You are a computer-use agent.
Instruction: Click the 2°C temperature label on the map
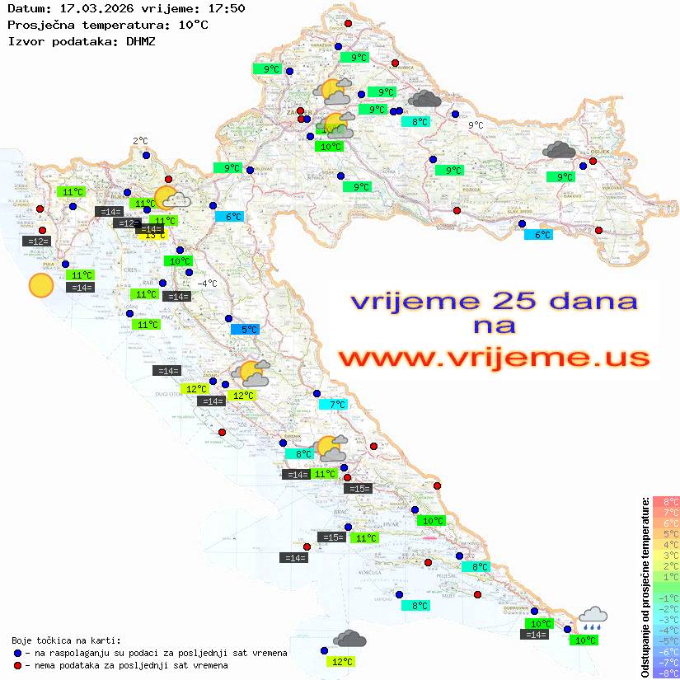140,141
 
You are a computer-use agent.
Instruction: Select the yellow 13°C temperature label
154,235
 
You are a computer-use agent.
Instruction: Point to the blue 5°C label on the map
246,330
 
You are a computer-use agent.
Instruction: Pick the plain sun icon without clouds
40,285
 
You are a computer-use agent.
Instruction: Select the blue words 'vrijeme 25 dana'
494,301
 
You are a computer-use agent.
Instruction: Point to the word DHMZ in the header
140,40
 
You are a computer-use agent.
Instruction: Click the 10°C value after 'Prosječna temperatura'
193,25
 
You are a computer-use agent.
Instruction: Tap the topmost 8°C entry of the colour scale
666,502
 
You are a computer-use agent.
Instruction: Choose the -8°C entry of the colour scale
666,673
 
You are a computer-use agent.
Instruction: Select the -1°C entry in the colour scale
666,598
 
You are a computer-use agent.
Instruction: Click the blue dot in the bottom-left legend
18,653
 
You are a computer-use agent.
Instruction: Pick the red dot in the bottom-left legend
18,665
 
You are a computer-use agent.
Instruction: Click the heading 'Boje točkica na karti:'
66,640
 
